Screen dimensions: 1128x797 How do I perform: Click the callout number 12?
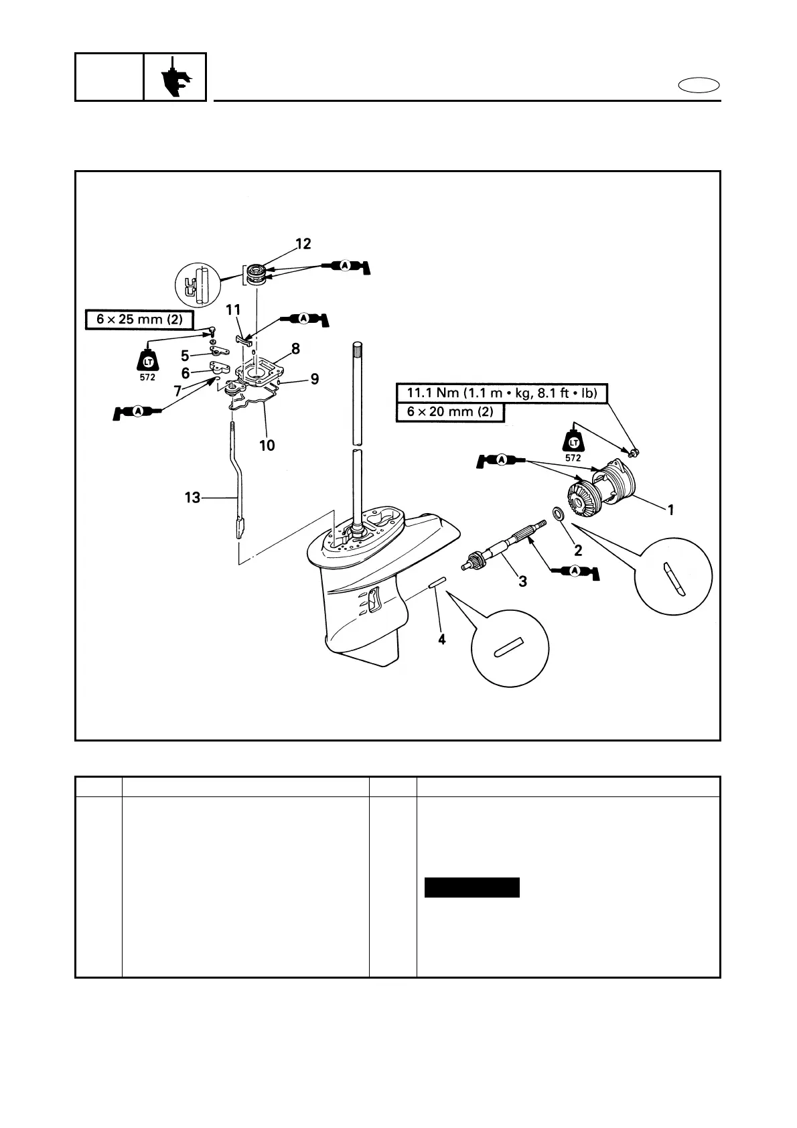point(303,244)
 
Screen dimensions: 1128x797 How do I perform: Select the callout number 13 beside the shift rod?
point(192,498)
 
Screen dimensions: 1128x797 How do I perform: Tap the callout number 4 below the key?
point(441,640)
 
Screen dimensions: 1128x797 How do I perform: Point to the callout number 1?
point(670,510)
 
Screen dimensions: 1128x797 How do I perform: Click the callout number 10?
point(267,445)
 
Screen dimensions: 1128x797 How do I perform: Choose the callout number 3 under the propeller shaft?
point(522,582)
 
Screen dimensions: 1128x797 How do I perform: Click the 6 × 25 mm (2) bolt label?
point(139,320)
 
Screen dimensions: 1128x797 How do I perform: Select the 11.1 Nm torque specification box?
point(502,393)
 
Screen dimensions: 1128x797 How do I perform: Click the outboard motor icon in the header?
point(175,78)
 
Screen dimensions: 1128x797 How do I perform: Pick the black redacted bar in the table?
point(472,887)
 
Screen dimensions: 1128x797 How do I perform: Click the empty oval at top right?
point(699,86)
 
